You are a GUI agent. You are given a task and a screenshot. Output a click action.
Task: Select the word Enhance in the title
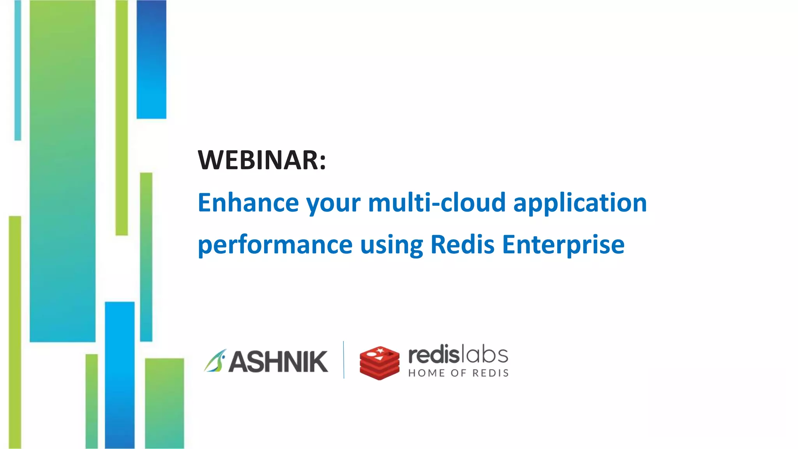(248, 203)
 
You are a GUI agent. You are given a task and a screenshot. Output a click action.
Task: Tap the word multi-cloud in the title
(436, 203)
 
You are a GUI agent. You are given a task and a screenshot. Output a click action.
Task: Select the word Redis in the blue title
(462, 244)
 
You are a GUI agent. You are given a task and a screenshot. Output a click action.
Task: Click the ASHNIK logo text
(278, 362)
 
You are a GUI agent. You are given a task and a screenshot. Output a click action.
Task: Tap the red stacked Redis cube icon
(379, 362)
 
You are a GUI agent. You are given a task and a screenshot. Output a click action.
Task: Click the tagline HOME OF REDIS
(458, 373)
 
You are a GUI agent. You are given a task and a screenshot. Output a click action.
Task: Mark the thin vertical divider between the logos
(344, 360)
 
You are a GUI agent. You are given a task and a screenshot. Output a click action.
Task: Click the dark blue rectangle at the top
(151, 58)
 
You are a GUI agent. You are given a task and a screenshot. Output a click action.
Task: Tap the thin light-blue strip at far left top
(18, 70)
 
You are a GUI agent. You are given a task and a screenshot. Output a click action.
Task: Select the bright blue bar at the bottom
(120, 374)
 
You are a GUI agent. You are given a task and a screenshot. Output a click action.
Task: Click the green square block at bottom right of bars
(164, 403)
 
